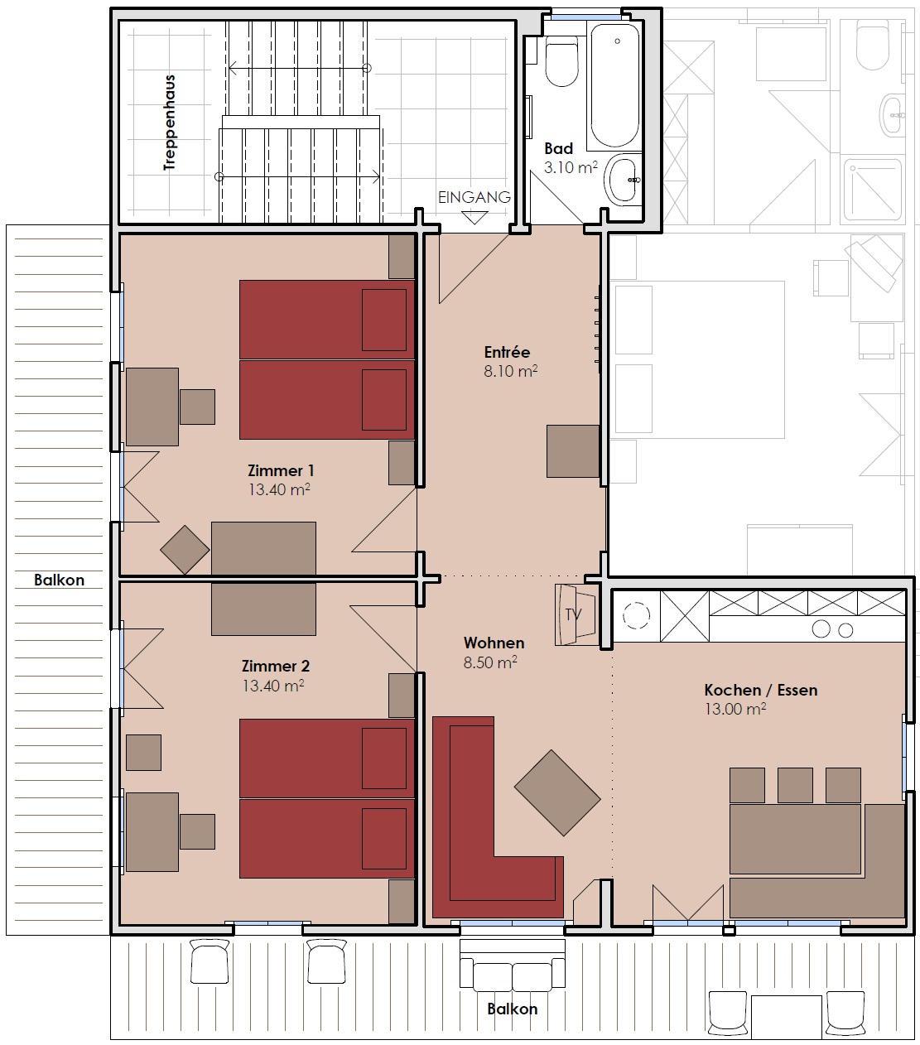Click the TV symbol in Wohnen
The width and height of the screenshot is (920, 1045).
576,614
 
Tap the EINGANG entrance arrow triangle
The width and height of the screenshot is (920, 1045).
474,218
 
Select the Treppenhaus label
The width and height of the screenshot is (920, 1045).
170,123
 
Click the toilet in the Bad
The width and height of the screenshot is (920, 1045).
561,60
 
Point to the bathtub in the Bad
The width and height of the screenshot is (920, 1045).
615,85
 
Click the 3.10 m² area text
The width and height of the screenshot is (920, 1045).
571,167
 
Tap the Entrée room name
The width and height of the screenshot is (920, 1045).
508,352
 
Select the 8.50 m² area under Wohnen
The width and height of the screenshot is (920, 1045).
490,662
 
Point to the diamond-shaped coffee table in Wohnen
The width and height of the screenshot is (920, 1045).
557,792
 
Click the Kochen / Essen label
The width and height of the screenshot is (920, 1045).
761,690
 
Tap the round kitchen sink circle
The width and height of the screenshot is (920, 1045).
636,615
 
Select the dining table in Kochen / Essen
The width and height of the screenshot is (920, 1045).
795,838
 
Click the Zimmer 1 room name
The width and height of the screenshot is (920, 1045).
281,470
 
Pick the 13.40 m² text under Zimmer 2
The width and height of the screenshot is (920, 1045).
273,686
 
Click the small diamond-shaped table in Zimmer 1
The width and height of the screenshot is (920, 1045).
185,550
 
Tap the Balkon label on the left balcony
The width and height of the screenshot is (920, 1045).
60,580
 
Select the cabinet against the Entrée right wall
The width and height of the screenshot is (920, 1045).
573,450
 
